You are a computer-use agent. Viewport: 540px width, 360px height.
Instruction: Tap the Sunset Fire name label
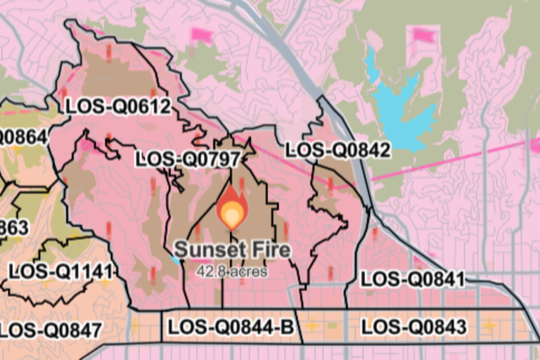coord(232,250)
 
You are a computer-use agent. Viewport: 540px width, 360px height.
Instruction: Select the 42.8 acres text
coord(232,271)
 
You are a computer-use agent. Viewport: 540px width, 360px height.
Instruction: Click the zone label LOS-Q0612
coord(118,106)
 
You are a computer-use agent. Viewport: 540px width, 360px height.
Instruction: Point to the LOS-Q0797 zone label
coord(188,159)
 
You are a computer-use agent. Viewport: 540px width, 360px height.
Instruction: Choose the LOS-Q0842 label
coord(338,150)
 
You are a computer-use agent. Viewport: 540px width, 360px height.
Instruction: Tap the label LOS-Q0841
coord(413,279)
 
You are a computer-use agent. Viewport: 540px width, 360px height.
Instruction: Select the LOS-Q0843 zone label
coord(413,327)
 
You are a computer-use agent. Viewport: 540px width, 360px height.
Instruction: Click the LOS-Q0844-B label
coord(231,327)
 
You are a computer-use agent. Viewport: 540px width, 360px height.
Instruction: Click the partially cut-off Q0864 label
coord(24,136)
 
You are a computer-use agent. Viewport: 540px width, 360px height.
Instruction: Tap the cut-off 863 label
coord(14,227)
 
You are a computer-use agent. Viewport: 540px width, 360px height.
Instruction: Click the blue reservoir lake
coord(401,105)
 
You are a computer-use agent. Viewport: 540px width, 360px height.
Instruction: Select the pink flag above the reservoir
coord(423,34)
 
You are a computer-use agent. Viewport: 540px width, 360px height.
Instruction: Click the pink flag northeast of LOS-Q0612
coord(202,34)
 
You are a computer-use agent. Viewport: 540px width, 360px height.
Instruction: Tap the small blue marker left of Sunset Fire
coord(174,259)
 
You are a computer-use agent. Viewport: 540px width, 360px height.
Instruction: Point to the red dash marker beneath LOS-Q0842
coord(330,185)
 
